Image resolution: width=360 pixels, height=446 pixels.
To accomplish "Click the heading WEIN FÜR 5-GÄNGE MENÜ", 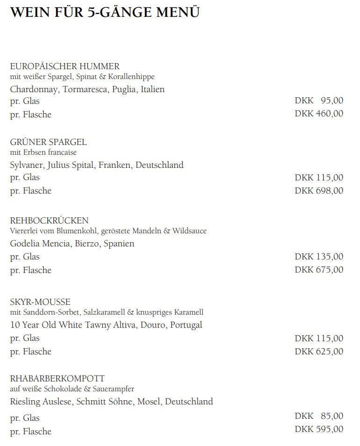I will pyautogui.click(x=105, y=12).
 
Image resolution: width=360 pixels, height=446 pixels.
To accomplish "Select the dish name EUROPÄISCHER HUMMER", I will pyautogui.click(x=65, y=66).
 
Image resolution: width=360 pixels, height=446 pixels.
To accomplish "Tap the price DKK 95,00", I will pyautogui.click(x=319, y=100).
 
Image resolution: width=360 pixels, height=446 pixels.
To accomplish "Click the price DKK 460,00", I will pyautogui.click(x=319, y=113).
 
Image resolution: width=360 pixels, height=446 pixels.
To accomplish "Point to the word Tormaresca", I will pyautogui.click(x=85, y=89).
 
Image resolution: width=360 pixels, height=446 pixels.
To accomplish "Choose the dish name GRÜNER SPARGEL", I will pyautogui.click(x=48, y=142).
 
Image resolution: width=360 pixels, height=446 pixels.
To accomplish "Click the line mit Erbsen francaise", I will pyautogui.click(x=43, y=152).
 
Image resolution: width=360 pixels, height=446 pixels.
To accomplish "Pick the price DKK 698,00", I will pyautogui.click(x=319, y=190).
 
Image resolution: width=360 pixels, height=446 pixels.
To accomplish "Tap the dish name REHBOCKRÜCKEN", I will pyautogui.click(x=49, y=221).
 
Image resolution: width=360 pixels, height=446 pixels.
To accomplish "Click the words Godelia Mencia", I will pyautogui.click(x=40, y=243).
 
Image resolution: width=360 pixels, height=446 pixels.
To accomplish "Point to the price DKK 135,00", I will pyautogui.click(x=319, y=256).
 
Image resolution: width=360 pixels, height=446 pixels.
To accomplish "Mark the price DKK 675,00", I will pyautogui.click(x=319, y=269).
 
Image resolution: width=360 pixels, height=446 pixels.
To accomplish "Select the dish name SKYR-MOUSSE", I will pyautogui.click(x=40, y=302).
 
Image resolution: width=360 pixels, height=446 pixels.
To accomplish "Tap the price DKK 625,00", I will pyautogui.click(x=319, y=351).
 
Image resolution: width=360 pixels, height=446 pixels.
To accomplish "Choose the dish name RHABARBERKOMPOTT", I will pyautogui.click(x=57, y=379).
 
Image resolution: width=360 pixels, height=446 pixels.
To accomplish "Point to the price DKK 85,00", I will pyautogui.click(x=319, y=416).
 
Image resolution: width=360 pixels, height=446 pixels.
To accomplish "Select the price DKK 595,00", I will pyautogui.click(x=319, y=429).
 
